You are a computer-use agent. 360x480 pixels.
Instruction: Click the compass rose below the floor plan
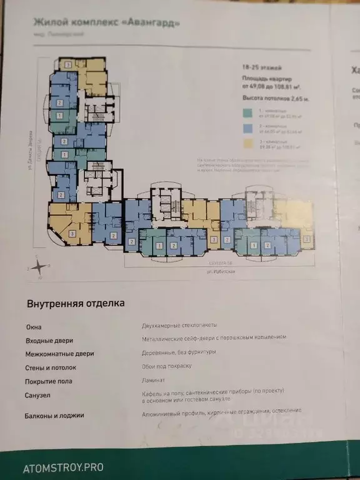click(38, 265)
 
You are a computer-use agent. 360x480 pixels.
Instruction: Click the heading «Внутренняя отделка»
click(76, 304)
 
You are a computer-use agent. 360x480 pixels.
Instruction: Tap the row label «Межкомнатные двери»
click(60, 354)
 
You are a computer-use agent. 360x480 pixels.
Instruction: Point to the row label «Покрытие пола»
click(51, 381)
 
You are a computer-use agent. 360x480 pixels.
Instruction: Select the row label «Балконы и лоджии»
click(55, 415)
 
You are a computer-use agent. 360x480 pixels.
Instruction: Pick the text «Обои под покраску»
click(166, 366)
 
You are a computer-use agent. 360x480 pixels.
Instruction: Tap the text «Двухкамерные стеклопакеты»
click(180, 325)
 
